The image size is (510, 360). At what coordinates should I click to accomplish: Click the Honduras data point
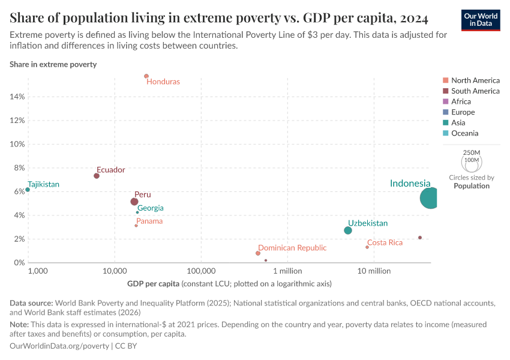point(146,76)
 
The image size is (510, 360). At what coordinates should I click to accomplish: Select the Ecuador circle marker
point(97,176)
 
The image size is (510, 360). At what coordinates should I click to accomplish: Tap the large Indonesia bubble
point(431,198)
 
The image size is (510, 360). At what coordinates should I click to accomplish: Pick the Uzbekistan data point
point(348,230)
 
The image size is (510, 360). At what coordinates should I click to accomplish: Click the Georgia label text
point(150,208)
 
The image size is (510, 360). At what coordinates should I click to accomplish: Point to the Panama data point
point(136,226)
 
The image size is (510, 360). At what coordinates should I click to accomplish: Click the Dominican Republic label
point(292,248)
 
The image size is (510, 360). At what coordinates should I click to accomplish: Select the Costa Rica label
point(385,242)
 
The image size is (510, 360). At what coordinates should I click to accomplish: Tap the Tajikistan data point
point(28,190)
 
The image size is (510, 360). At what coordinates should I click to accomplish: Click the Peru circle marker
point(134,202)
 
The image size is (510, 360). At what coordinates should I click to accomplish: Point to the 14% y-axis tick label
point(17,97)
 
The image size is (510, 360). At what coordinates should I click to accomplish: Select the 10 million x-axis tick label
point(374,271)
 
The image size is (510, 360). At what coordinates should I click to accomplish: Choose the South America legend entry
point(475,91)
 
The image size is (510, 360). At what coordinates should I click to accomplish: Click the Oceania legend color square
point(445,133)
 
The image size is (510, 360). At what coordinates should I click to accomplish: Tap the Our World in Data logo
point(481,20)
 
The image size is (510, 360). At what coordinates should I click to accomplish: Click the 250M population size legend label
point(472,153)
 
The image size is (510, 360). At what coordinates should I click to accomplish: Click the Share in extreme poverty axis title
point(53,64)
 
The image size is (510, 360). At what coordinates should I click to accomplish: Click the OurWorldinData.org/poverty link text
point(59,346)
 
